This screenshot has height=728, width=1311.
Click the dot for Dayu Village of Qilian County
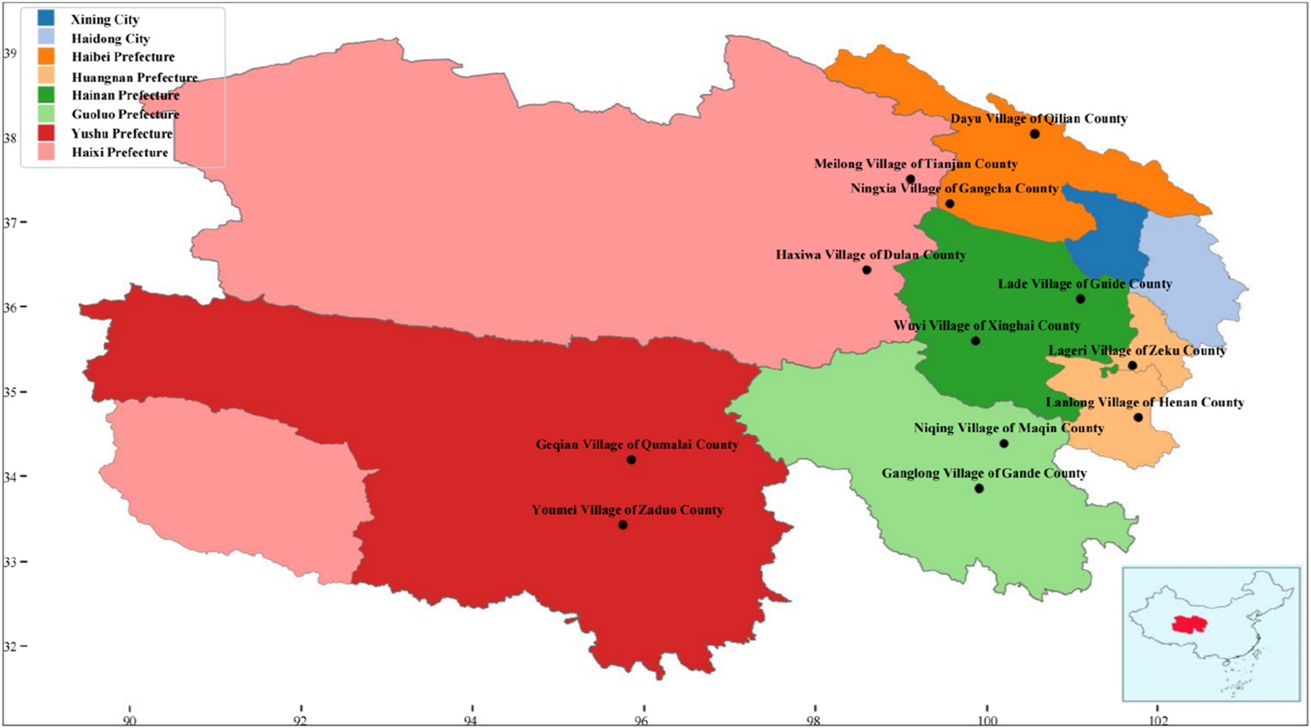click(1034, 134)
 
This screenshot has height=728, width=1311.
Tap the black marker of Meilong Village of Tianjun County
click(911, 179)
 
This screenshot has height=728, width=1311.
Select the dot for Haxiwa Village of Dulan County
click(867, 270)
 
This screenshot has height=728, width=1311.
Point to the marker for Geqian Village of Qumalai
click(631, 460)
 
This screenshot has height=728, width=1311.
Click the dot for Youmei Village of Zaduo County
click(623, 525)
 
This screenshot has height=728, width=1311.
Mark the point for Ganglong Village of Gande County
click(979, 489)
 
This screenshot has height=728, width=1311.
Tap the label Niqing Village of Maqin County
click(1008, 428)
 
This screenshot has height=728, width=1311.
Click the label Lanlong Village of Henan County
click(1145, 402)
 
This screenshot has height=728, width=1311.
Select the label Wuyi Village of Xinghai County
click(986, 326)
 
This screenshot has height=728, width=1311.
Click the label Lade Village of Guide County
click(1085, 284)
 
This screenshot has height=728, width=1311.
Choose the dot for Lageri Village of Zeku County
click(1133, 366)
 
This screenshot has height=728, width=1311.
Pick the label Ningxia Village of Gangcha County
click(954, 189)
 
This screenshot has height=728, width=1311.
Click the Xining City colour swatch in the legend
click(45, 18)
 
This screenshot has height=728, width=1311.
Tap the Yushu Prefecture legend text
click(122, 134)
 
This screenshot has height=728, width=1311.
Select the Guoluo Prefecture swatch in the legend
click(45, 114)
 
